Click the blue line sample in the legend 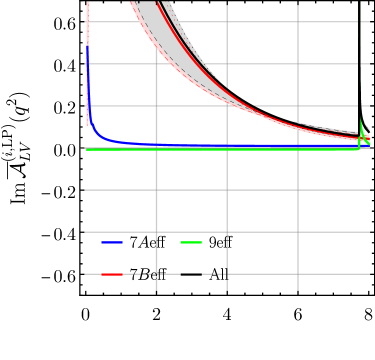pyautogui.click(x=112, y=242)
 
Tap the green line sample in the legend pyautogui.click(x=191, y=242)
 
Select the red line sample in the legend pyautogui.click(x=112, y=273)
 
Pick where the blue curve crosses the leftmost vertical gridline pyautogui.click(x=156, y=145)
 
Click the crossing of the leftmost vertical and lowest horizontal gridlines pyautogui.click(x=156, y=273)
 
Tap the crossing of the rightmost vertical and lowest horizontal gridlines pyautogui.click(x=298, y=273)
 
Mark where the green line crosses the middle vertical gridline pyautogui.click(x=227, y=149)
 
